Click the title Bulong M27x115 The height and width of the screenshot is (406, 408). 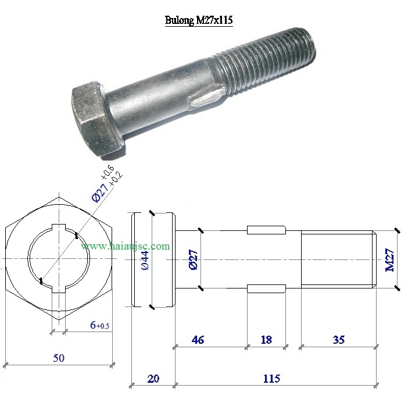pyautogui.click(x=199, y=20)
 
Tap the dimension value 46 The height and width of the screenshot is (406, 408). pyautogui.click(x=198, y=340)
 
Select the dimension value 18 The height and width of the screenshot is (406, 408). pyautogui.click(x=266, y=340)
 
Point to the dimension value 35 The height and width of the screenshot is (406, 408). pyautogui.click(x=339, y=340)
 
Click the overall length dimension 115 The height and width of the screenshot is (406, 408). pyautogui.click(x=271, y=379)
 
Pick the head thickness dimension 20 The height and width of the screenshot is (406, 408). pyautogui.click(x=153, y=379)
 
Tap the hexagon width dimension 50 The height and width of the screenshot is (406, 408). pyautogui.click(x=59, y=358)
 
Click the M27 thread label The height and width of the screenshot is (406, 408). pyautogui.click(x=389, y=260)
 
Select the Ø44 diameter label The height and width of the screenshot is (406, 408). pyautogui.click(x=145, y=260)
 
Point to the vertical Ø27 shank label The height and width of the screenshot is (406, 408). pyautogui.click(x=194, y=259)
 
